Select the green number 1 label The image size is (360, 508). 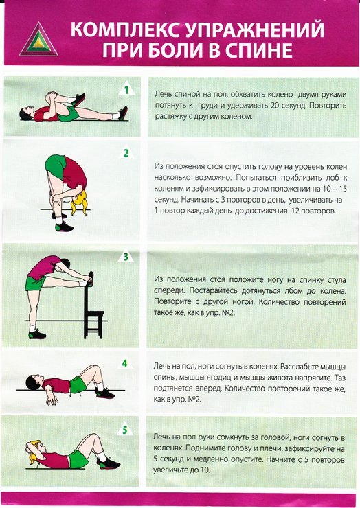(127, 90)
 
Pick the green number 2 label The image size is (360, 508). (126, 153)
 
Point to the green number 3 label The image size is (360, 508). (126, 257)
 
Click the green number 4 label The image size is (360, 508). (125, 364)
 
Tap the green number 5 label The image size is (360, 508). (125, 430)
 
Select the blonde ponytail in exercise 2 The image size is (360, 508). (80, 203)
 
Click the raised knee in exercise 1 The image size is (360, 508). (52, 96)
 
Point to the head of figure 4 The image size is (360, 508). (33, 382)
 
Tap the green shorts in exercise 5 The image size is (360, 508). (78, 458)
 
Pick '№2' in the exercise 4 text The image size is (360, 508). (194, 399)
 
